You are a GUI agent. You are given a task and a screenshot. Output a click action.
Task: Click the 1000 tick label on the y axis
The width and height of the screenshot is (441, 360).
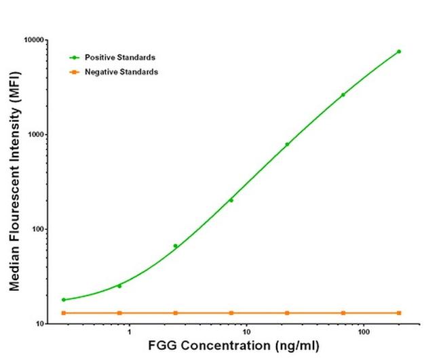pyautogui.click(x=37, y=135)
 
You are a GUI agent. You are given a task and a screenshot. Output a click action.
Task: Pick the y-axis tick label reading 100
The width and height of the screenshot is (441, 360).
pyautogui.click(x=39, y=229)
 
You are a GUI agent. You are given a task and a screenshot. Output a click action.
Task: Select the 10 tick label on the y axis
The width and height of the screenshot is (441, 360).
pyautogui.click(x=41, y=324)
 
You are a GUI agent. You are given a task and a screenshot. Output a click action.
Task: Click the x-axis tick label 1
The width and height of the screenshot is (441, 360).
pyautogui.click(x=128, y=333)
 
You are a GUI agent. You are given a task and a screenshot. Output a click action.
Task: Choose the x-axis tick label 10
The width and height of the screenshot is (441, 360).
pyautogui.click(x=246, y=333)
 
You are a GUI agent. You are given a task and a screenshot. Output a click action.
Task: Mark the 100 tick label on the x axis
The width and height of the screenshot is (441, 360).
pyautogui.click(x=364, y=333)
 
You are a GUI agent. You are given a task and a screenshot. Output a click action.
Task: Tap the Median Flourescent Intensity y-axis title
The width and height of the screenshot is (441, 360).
pyautogui.click(x=14, y=182)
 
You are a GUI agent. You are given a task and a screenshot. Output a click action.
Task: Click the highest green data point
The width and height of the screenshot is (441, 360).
pyautogui.click(x=399, y=52)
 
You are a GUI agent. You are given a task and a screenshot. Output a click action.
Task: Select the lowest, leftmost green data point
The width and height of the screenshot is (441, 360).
pyautogui.click(x=64, y=300)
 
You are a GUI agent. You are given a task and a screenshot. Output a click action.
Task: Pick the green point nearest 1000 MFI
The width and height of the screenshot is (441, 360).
pyautogui.click(x=287, y=144)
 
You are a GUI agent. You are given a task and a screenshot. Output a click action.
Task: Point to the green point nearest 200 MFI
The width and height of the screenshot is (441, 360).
pyautogui.click(x=231, y=200)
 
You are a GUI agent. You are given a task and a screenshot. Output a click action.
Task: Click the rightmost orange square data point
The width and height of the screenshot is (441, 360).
pyautogui.click(x=399, y=313)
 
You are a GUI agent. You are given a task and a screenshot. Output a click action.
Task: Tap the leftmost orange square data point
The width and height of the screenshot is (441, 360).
pyautogui.click(x=64, y=313)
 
